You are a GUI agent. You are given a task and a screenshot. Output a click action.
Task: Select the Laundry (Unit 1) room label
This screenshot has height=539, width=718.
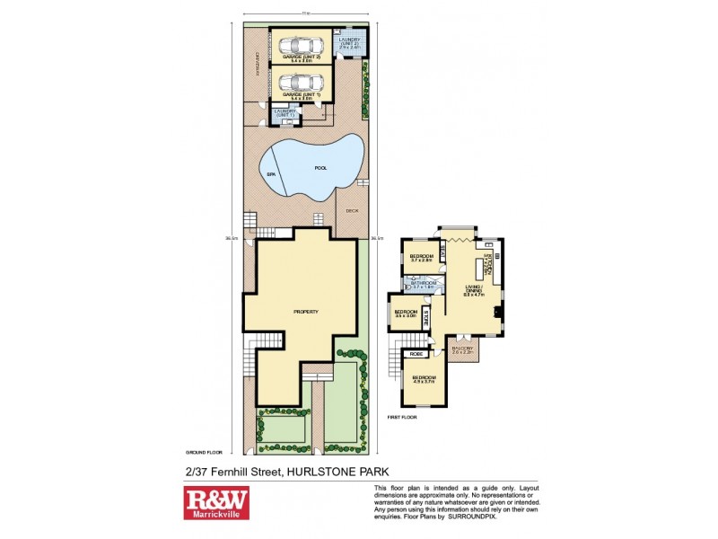[x=285, y=113]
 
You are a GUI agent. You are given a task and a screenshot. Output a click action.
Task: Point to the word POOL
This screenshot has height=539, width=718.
[x=320, y=168]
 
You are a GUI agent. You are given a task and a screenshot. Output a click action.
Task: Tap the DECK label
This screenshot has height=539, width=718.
[x=352, y=212]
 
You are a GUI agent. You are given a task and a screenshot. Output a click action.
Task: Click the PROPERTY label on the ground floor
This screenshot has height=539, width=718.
[x=306, y=311]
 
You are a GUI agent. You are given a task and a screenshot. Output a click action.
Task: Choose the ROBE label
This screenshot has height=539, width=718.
[x=416, y=355]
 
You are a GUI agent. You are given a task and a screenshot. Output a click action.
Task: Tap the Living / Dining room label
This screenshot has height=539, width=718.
[x=475, y=289]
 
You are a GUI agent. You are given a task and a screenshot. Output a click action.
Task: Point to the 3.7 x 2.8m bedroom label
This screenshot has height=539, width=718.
[x=421, y=259]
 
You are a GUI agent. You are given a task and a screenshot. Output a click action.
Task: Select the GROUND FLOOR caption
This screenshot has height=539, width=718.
[x=203, y=452]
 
